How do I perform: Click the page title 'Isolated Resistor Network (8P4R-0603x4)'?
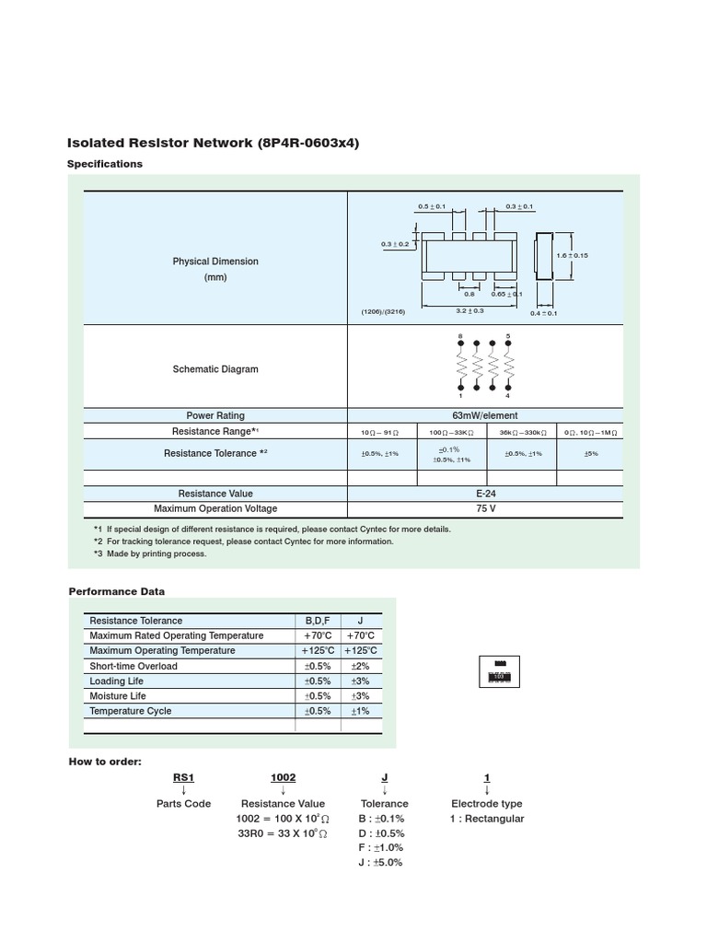(213, 143)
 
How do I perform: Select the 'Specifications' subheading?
(105, 164)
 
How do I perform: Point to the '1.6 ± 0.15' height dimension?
(572, 255)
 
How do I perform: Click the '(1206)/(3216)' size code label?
(383, 312)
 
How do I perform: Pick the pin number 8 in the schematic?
(460, 336)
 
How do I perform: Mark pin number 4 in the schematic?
(507, 396)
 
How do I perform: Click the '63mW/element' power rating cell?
(485, 415)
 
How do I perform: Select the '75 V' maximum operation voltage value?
(485, 508)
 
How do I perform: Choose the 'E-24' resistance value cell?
(485, 494)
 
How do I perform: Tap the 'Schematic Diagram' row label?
(215, 369)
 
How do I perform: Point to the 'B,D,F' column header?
(317, 621)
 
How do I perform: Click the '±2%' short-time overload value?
(360, 666)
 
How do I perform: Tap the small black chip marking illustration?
(500, 672)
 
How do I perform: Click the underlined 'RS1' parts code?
(184, 778)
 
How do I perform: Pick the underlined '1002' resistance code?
(283, 778)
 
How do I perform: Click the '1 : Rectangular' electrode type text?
(487, 819)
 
